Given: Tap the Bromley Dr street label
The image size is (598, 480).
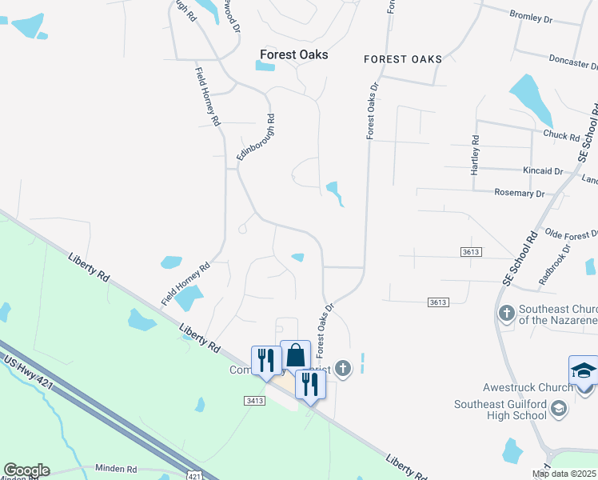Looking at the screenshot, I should coord(531,15).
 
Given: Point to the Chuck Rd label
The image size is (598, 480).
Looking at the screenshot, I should coord(560,135).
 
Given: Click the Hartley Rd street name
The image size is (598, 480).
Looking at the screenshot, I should coord(475,155).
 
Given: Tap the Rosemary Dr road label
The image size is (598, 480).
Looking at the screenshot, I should coord(519,194).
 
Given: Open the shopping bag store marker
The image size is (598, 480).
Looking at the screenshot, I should coord(295,354).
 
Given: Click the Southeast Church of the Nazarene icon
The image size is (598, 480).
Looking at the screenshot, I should coord(506,313).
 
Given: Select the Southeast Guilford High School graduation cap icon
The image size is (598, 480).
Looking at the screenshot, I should coord(560,410).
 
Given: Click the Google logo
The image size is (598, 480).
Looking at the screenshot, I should coord(26,470).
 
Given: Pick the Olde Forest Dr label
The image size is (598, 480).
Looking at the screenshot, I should coord(571,234).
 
